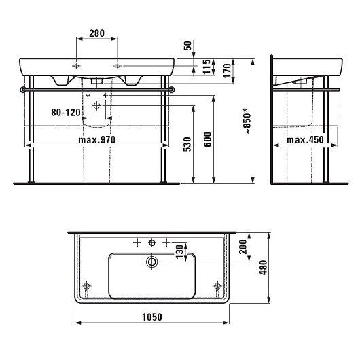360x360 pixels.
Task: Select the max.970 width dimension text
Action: click(98, 140)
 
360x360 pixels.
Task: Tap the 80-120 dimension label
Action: click(65, 112)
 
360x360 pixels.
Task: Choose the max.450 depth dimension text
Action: click(304, 140)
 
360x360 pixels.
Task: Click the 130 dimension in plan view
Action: click(180, 252)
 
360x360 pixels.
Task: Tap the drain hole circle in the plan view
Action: click(152, 261)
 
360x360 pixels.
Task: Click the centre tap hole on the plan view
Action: click(152, 242)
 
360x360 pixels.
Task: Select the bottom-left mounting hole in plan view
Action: click(86, 287)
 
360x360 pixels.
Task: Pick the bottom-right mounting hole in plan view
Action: click(217, 287)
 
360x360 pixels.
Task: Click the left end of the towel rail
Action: click(25, 89)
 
